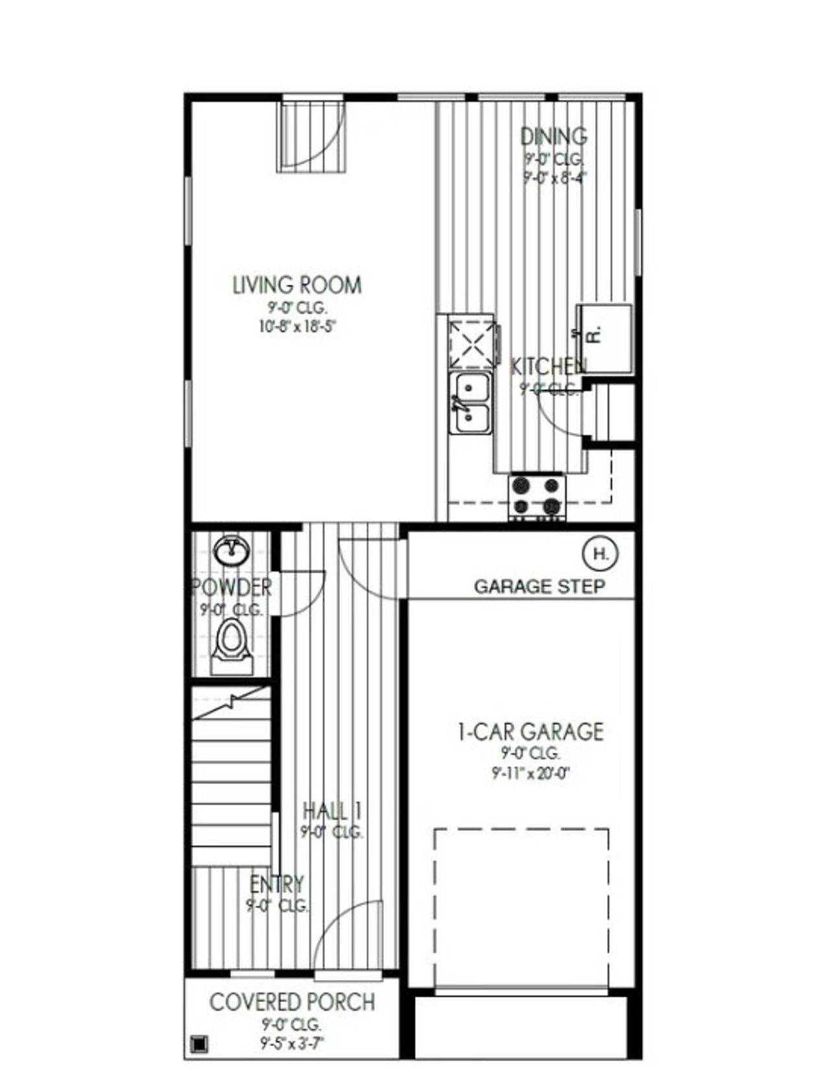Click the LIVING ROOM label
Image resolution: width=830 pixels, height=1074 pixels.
297,285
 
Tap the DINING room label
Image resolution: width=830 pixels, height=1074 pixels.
554,136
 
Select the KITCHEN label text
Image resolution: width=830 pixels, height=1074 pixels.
549,366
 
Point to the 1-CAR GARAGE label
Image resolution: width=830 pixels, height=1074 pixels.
530,732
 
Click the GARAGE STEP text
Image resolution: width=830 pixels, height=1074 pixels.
539,587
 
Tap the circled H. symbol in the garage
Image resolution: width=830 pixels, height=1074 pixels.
601,554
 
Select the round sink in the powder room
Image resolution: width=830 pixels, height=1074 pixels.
231,551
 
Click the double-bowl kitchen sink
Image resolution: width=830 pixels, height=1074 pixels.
471,403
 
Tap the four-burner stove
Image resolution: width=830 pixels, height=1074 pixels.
537,497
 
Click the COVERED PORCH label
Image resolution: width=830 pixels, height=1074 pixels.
292,1002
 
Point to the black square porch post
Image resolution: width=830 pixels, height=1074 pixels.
198,1044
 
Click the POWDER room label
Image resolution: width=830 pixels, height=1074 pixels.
231,588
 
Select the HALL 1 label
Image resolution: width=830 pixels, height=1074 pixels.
332,811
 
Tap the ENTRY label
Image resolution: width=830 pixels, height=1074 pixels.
277,884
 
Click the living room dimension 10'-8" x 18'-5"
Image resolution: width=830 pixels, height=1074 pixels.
297,326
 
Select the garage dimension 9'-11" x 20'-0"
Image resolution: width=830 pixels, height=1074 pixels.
530,773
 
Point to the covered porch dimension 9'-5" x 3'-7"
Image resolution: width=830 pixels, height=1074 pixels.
292,1044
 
